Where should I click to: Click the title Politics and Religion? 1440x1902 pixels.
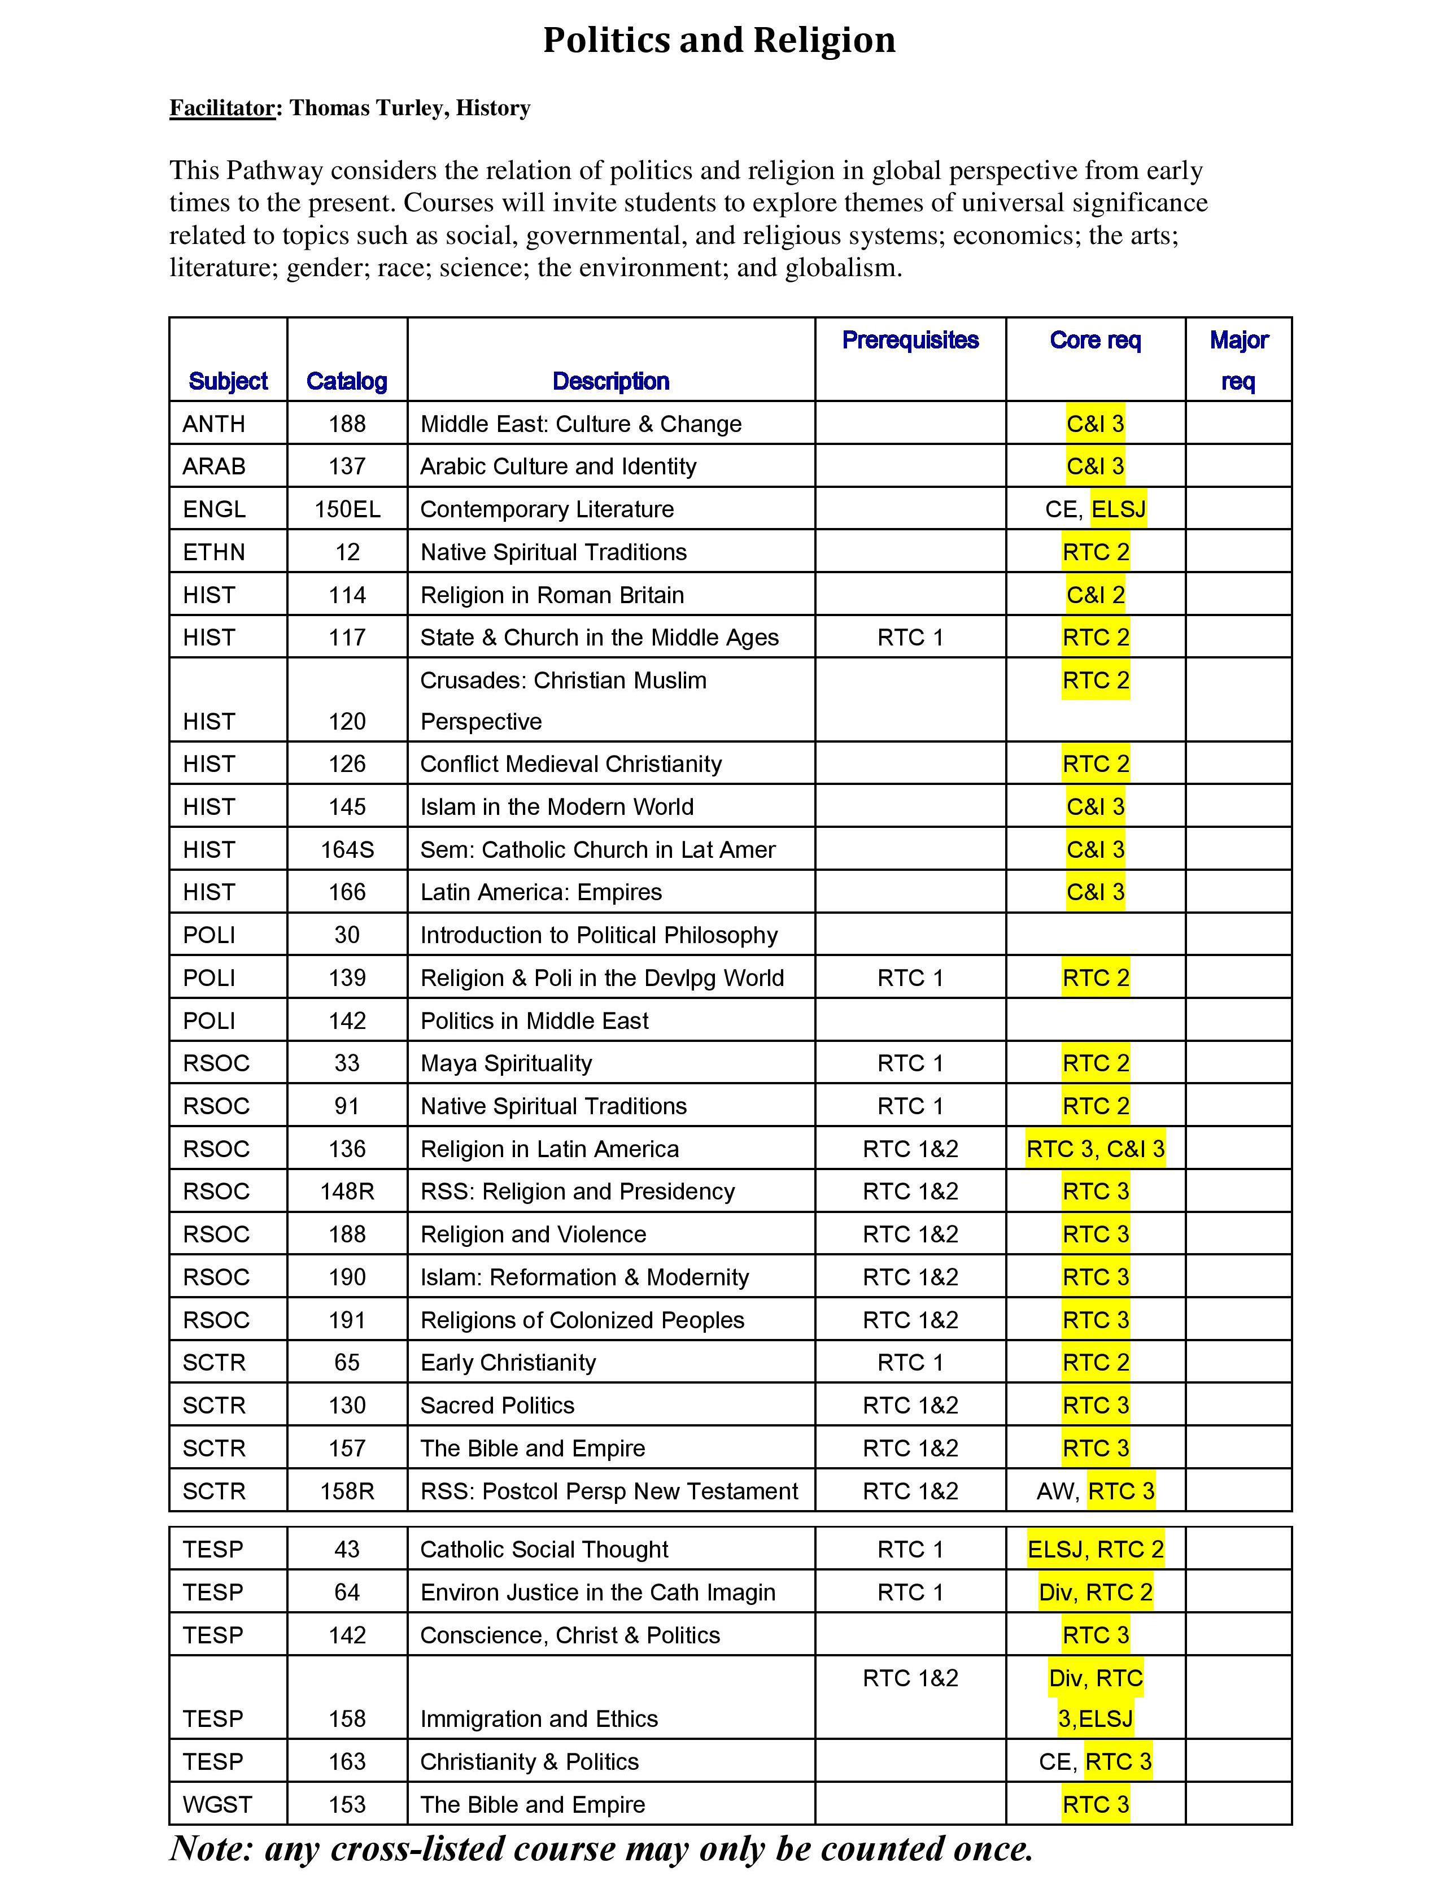click(x=719, y=41)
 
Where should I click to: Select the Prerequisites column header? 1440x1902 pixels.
click(x=910, y=341)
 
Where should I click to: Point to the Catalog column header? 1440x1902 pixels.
click(x=347, y=381)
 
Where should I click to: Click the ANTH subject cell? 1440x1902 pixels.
click(x=213, y=424)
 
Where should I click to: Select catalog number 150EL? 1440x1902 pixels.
click(x=347, y=509)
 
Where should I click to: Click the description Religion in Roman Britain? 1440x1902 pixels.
click(x=552, y=595)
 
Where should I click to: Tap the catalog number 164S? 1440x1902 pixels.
click(x=347, y=849)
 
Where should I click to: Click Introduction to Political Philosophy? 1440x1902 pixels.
click(x=599, y=935)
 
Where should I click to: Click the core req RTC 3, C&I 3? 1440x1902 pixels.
click(x=1096, y=1149)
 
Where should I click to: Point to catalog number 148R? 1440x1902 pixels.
click(x=347, y=1192)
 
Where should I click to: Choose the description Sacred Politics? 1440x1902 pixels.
click(x=497, y=1406)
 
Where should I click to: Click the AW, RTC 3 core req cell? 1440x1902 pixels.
click(x=1096, y=1491)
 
